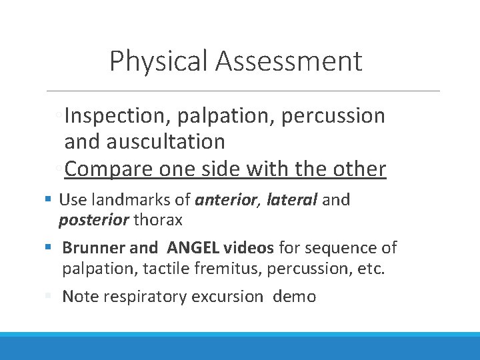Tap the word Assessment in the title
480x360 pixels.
point(289,61)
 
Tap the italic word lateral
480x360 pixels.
point(291,199)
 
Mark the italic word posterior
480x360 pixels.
point(94,219)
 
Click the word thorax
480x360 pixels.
point(157,219)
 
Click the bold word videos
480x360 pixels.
point(248,248)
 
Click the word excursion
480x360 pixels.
point(227,297)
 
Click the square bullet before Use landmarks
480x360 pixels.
point(50,199)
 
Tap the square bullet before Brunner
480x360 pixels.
point(50,248)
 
